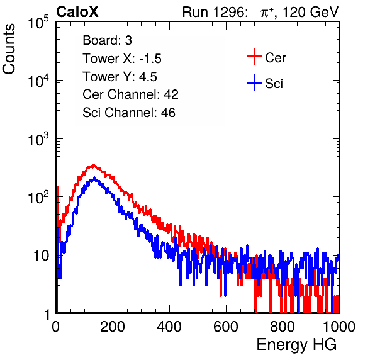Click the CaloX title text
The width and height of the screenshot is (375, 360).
(77, 12)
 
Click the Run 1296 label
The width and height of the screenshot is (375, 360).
(215, 12)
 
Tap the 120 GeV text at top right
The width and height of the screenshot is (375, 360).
(310, 12)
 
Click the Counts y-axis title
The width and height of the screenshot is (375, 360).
(9, 49)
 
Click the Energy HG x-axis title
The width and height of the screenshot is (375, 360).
(296, 345)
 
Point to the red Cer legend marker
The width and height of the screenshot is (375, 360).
(254, 57)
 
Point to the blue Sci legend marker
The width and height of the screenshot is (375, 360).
(254, 82)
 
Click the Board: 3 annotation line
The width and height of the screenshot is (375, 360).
(108, 40)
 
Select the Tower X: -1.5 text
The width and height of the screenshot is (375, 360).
(122, 59)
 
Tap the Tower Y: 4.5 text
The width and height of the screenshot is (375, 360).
(120, 77)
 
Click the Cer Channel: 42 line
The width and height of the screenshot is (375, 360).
(131, 94)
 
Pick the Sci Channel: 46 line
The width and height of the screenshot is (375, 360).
(129, 113)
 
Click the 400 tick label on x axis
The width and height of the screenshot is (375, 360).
(169, 327)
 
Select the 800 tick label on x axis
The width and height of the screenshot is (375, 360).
(283, 327)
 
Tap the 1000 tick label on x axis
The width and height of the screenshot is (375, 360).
(339, 327)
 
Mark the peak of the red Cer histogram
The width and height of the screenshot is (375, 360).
(94, 164)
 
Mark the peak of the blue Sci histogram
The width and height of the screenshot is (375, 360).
(94, 177)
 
